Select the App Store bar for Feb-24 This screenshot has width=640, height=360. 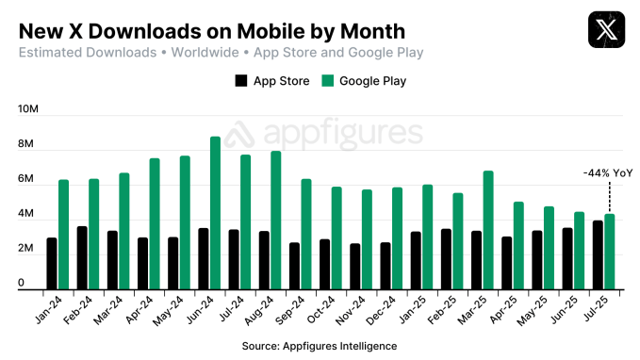(82, 257)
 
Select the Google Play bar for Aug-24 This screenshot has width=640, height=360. (276, 220)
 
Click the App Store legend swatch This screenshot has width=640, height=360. (241, 81)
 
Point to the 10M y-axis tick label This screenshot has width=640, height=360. (27, 110)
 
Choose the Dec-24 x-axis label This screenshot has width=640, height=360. (381, 312)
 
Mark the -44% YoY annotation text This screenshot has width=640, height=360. (607, 172)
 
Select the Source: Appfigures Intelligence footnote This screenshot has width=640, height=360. (320, 346)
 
